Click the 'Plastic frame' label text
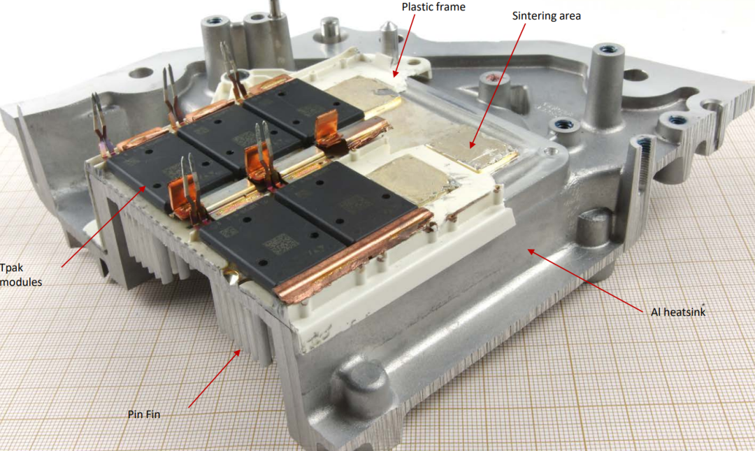(x=433, y=7)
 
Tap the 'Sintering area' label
(x=546, y=16)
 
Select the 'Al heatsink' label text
(x=678, y=313)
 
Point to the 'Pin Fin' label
(x=144, y=415)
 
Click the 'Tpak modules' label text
(x=21, y=275)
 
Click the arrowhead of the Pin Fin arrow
(x=238, y=352)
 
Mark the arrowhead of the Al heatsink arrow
(x=531, y=252)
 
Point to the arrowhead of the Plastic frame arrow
(x=396, y=73)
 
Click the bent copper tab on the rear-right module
(x=327, y=128)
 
